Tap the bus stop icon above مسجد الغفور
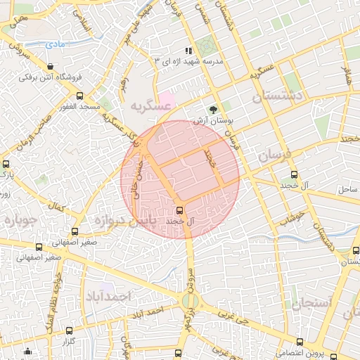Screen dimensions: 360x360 (79, 96)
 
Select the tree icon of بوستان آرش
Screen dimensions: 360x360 (212, 110)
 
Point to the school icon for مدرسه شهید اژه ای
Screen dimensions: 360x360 (188, 51)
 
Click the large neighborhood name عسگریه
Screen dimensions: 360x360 (150, 106)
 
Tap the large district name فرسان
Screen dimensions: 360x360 (274, 155)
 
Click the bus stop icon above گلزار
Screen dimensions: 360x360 (68, 330)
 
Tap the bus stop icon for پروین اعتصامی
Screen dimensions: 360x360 (300, 342)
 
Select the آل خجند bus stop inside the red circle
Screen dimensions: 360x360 (179, 210)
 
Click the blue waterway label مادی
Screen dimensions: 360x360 (56, 44)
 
